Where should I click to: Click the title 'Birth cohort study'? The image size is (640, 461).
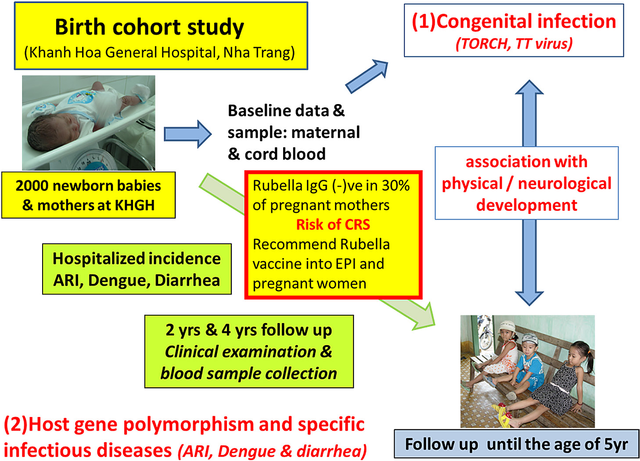click(x=149, y=28)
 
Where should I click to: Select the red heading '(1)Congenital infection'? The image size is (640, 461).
click(x=514, y=22)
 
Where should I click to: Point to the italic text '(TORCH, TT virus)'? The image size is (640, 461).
click(x=514, y=44)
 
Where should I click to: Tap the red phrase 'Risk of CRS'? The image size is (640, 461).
click(x=333, y=225)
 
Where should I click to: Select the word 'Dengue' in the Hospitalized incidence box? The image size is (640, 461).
click(x=119, y=281)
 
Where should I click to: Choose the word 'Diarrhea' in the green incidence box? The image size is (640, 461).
click(x=187, y=281)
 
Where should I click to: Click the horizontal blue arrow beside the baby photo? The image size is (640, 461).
click(x=188, y=134)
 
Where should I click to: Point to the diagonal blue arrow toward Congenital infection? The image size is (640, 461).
click(x=367, y=76)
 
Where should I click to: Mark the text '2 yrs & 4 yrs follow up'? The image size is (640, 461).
click(x=249, y=330)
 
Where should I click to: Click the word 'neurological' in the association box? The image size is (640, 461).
click(x=564, y=184)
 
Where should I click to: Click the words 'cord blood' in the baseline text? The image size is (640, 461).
click(x=285, y=154)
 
